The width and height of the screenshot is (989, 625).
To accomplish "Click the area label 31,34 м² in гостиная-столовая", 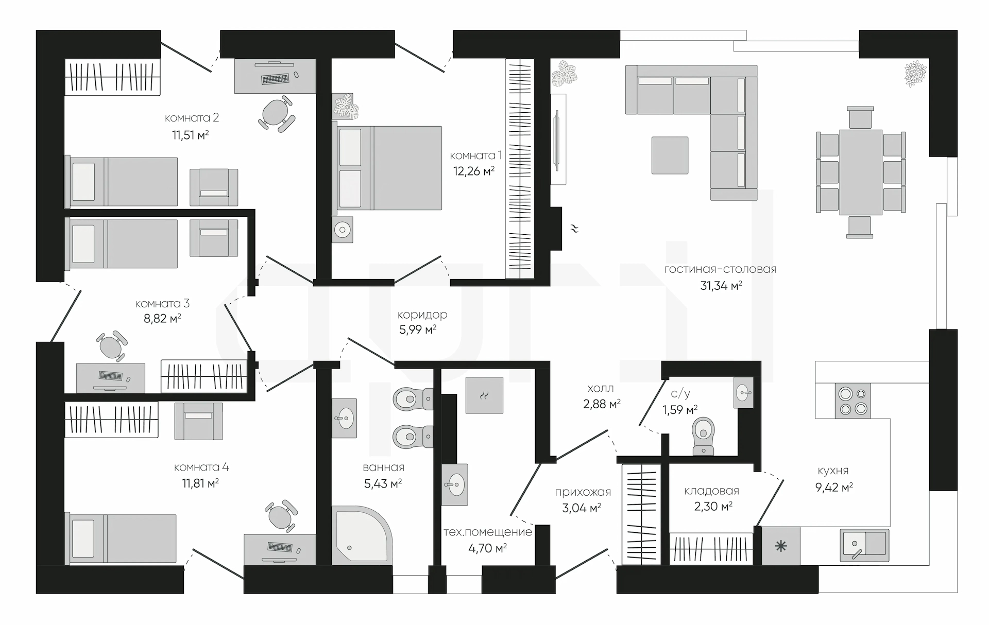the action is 721,286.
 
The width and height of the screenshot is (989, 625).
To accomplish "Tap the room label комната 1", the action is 475,155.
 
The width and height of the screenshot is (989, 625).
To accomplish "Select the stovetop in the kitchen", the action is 852,401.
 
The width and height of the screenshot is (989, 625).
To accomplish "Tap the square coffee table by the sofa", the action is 670,155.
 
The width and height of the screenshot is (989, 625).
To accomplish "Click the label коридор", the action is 422,315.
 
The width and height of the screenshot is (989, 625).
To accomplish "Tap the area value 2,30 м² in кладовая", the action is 713,507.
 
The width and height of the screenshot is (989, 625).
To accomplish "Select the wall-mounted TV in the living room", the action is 556,140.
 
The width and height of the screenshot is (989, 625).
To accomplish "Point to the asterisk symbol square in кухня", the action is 781,546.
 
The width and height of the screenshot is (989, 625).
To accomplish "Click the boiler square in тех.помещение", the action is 484,395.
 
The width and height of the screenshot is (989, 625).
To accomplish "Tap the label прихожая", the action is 583,492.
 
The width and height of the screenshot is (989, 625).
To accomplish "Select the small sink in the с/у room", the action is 743,392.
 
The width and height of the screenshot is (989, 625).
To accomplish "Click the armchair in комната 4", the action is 198,421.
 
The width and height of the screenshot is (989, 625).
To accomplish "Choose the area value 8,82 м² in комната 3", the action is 162,319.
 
